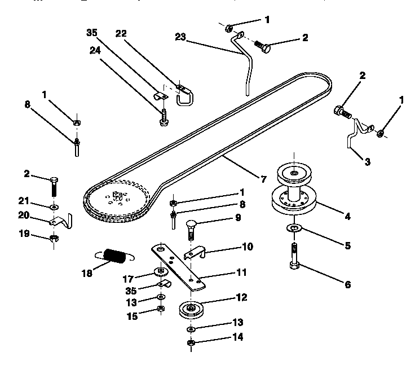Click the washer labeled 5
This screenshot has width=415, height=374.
coord(293,228)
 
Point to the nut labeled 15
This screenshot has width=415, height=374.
coord(161,309)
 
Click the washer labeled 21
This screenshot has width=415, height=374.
coord(54,207)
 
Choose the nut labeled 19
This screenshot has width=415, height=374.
coord(54,237)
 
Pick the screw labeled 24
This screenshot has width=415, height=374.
coord(162,117)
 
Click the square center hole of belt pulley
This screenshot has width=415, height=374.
coord(118,196)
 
